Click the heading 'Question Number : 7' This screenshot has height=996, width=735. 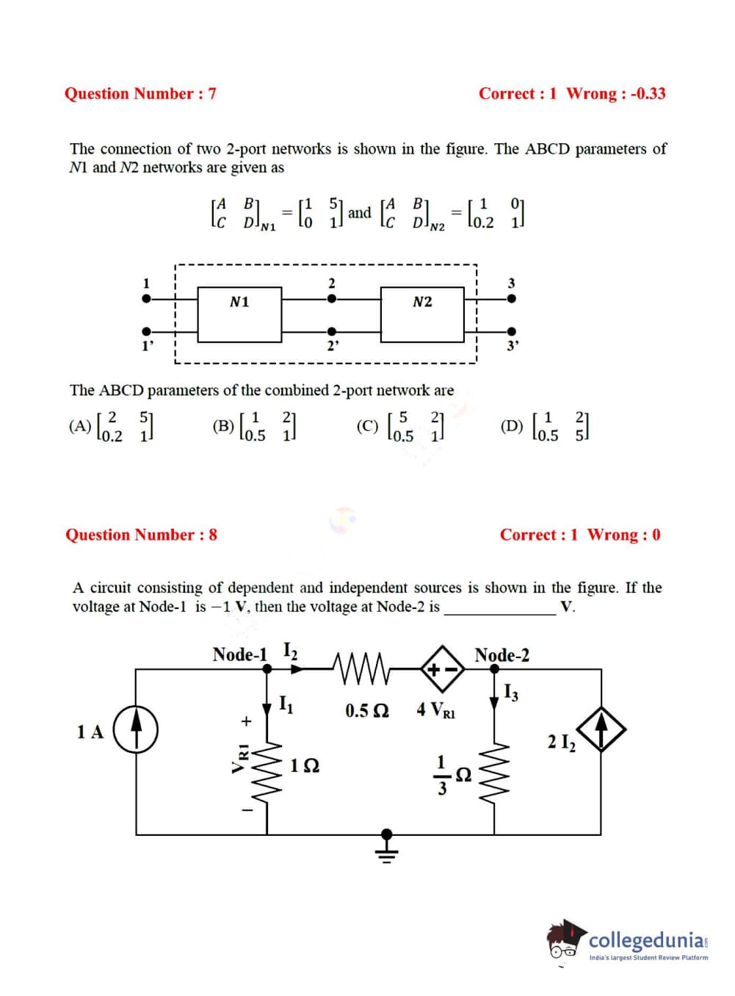(140, 93)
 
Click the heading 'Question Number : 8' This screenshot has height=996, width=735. (141, 535)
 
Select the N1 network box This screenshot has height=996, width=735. (239, 314)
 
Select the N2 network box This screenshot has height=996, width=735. (422, 314)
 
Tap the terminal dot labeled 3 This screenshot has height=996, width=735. (512, 299)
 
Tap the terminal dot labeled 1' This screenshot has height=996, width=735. (147, 331)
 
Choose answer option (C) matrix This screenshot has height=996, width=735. (416, 426)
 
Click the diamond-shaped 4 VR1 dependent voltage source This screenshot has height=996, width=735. (443, 669)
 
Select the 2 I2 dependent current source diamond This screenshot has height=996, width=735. (601, 729)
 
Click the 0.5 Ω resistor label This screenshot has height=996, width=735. (367, 710)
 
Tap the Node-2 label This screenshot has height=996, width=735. (502, 654)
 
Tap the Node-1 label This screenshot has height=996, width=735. (239, 654)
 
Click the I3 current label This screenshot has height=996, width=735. (511, 692)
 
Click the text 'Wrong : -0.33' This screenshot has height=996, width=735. (616, 93)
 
